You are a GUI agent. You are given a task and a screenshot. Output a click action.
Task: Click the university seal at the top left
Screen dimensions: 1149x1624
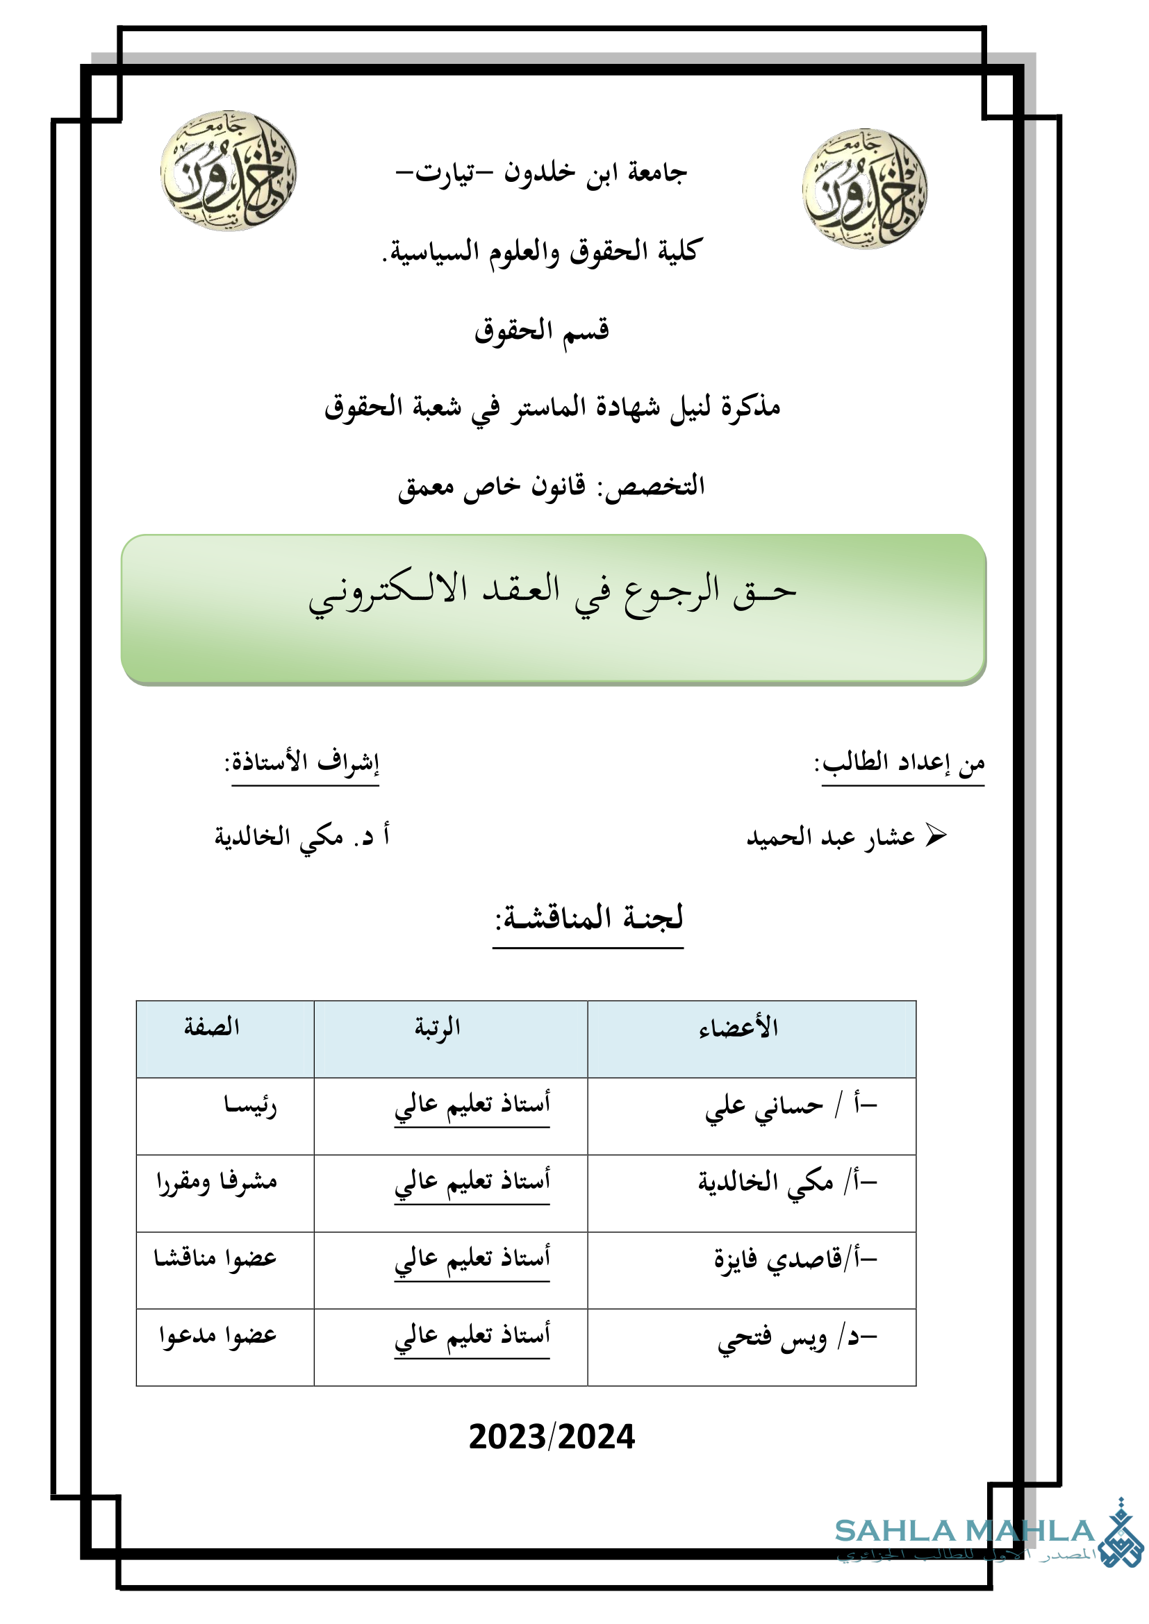228,171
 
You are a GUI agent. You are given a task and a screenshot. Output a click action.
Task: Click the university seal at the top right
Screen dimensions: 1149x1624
865,188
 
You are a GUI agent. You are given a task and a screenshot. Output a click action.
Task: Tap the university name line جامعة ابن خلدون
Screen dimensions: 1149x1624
541,172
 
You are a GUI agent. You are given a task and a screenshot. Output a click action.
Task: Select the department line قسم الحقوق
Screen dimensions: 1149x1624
541,330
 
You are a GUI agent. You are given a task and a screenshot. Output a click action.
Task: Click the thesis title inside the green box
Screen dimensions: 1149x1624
552,593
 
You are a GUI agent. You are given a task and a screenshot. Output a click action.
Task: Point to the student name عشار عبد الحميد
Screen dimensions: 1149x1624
831,837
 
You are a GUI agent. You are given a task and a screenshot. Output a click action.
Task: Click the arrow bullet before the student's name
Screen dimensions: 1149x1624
935,835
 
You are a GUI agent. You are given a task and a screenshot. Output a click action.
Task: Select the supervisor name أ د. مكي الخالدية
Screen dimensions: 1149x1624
302,836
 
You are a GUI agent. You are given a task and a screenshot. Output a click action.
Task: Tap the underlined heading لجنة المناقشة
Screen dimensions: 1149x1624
588,917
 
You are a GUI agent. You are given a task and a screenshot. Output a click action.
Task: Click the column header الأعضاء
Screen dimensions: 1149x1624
738,1028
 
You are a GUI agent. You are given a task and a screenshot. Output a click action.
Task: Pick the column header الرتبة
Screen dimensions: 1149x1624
437,1027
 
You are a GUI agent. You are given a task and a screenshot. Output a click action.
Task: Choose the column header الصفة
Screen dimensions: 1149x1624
212,1026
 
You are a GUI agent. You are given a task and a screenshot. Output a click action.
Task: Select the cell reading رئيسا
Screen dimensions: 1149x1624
250,1105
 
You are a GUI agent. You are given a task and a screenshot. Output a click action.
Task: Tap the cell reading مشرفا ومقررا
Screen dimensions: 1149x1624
217,1181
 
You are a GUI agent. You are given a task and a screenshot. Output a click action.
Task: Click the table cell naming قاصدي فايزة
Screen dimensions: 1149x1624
777,1258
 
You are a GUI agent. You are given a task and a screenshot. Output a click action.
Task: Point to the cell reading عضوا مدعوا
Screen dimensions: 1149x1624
217,1334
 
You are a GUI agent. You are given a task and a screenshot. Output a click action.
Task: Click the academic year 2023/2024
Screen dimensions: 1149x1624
552,1437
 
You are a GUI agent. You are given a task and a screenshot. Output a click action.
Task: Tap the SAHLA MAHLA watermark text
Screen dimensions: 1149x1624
964,1531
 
